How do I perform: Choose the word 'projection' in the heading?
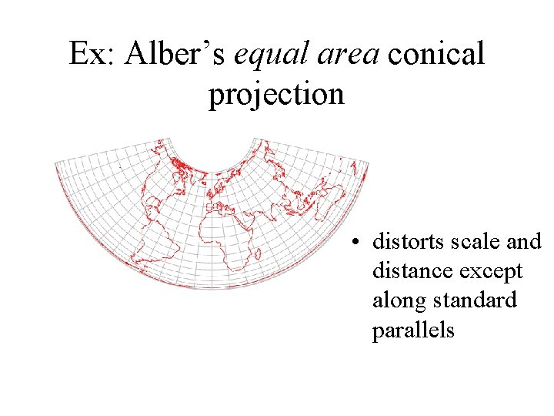276,95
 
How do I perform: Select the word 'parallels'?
414,330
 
